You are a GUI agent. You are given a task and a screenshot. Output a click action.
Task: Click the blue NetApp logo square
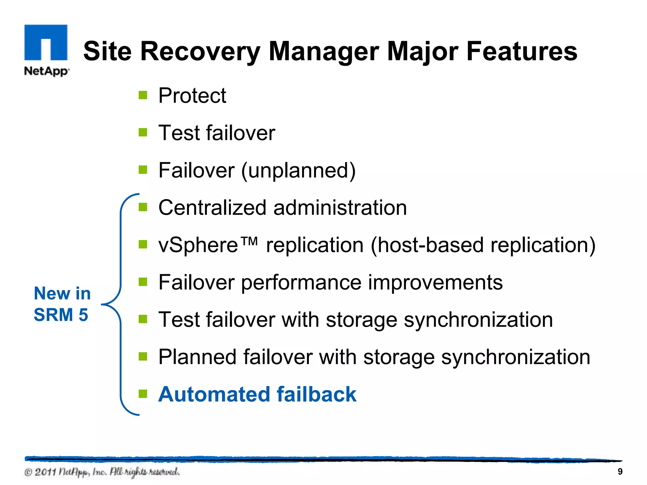point(46,42)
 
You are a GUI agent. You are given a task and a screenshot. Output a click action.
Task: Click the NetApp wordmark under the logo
point(46,71)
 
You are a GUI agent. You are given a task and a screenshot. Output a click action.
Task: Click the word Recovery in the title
point(200,51)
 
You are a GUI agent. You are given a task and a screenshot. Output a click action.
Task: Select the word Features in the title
point(522,51)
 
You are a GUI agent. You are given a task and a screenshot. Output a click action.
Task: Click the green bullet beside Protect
point(143,95)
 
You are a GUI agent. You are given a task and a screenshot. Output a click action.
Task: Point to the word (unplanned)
point(298,171)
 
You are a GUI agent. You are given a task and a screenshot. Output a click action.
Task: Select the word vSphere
point(198,245)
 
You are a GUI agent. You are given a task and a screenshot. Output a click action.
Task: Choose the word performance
point(301,283)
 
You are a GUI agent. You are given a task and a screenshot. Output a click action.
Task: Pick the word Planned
point(197,357)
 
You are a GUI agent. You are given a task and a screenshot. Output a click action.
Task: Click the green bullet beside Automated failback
point(143,394)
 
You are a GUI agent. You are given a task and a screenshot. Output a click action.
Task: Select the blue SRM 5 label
point(61,315)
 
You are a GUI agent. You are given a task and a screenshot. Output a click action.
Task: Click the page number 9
point(620,472)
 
